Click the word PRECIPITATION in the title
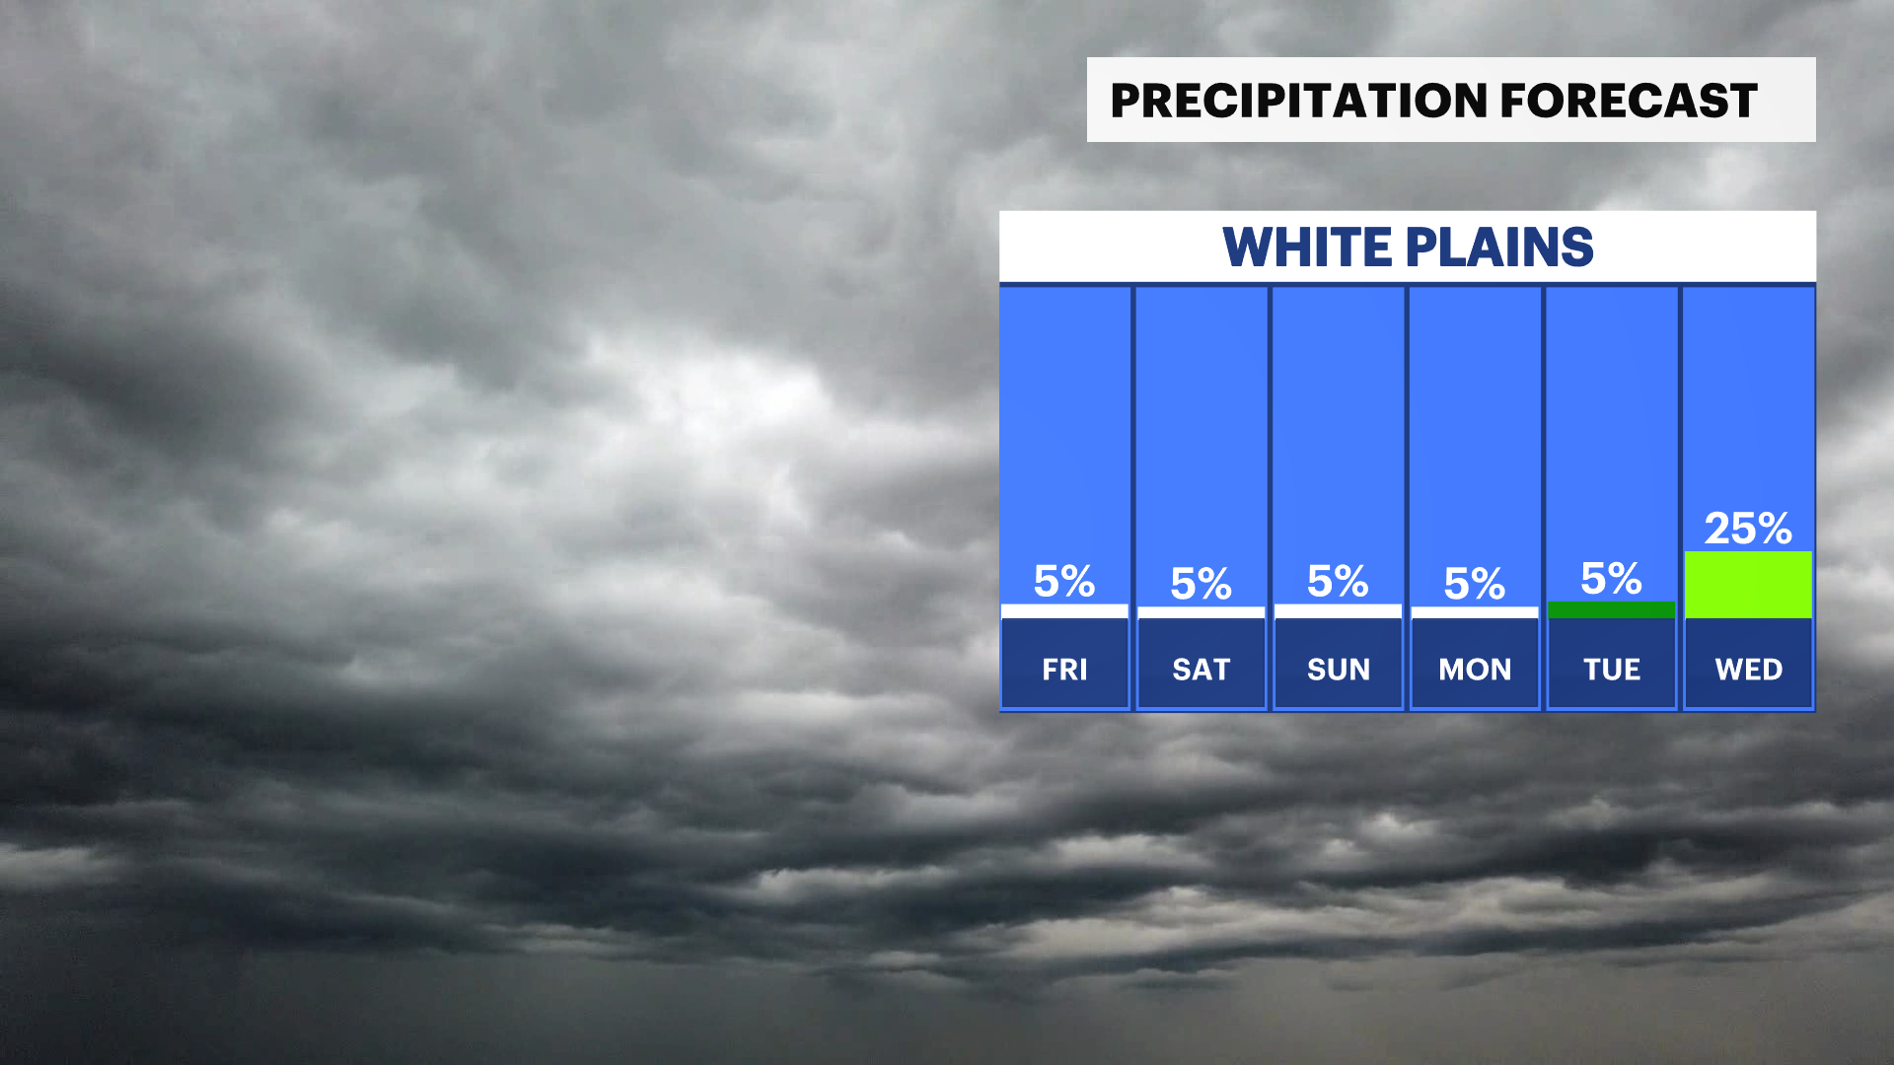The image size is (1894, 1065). (x=1299, y=101)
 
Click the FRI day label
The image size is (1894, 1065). (x=1064, y=670)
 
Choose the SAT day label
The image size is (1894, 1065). (x=1202, y=670)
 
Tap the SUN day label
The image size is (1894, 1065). (x=1339, y=670)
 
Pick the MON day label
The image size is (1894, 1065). (x=1475, y=670)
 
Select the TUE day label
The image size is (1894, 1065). (x=1612, y=670)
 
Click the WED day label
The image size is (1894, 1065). (x=1749, y=670)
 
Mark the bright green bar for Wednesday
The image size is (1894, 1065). (x=1748, y=585)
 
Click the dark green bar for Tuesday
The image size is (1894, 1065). (x=1612, y=609)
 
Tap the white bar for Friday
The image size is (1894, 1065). (x=1064, y=611)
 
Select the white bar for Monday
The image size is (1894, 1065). (x=1475, y=612)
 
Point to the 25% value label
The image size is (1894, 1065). (x=1748, y=529)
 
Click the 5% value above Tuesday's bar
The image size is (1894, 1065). (x=1612, y=579)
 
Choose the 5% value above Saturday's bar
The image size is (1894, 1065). (x=1202, y=584)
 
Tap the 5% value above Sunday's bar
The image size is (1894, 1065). (x=1338, y=581)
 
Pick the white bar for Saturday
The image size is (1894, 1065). (x=1202, y=612)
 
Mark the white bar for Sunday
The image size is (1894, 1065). (x=1338, y=611)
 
